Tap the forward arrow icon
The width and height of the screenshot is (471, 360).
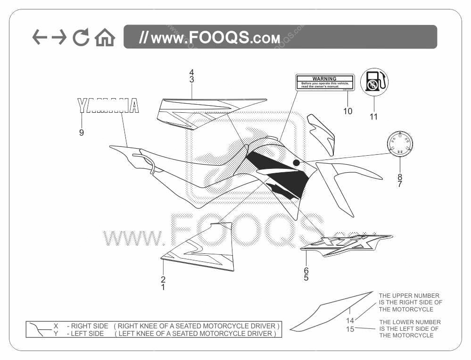[59, 37]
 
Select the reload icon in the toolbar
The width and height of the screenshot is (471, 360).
[81, 38]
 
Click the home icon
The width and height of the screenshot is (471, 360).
[105, 38]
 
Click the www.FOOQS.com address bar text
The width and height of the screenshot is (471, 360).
[210, 38]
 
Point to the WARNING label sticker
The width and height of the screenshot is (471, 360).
[324, 82]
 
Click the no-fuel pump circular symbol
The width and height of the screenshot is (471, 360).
[374, 82]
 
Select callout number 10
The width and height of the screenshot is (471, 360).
[347, 111]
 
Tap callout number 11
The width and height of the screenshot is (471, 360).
[373, 117]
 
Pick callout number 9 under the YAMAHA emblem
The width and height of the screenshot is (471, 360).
[82, 133]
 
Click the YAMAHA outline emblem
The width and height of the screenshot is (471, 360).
[108, 106]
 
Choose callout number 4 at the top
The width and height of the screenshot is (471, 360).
[192, 72]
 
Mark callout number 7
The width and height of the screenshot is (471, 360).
[400, 184]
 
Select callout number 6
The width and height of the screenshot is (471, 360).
[306, 270]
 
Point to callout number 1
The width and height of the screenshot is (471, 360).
[163, 286]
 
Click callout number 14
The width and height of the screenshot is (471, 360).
[350, 321]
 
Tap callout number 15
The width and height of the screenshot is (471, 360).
[350, 329]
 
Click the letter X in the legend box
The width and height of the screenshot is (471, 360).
[56, 326]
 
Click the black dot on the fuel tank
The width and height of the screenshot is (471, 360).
[296, 163]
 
